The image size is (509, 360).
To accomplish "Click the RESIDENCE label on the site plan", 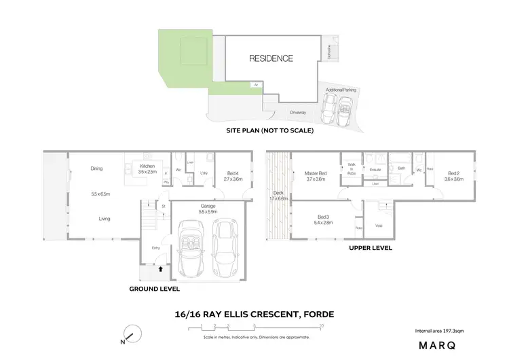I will click(x=271, y=58).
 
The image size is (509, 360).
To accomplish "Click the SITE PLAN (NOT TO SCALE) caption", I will click(x=270, y=130).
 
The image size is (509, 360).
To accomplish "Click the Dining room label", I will click(x=96, y=168).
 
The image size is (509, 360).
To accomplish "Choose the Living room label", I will click(x=105, y=219).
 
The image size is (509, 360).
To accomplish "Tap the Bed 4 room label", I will click(x=233, y=176).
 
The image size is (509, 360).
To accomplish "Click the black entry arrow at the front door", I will click(x=160, y=269).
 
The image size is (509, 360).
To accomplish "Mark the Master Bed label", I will click(x=316, y=176).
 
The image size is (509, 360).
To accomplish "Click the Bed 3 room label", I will click(x=322, y=219).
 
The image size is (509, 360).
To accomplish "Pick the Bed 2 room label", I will click(x=453, y=176).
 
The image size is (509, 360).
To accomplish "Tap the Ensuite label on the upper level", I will click(x=375, y=169).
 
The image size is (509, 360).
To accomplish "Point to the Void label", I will click(x=379, y=226).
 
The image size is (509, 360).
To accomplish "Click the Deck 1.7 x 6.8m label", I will click(x=274, y=196).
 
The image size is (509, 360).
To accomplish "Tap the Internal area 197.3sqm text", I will click(x=440, y=331).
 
